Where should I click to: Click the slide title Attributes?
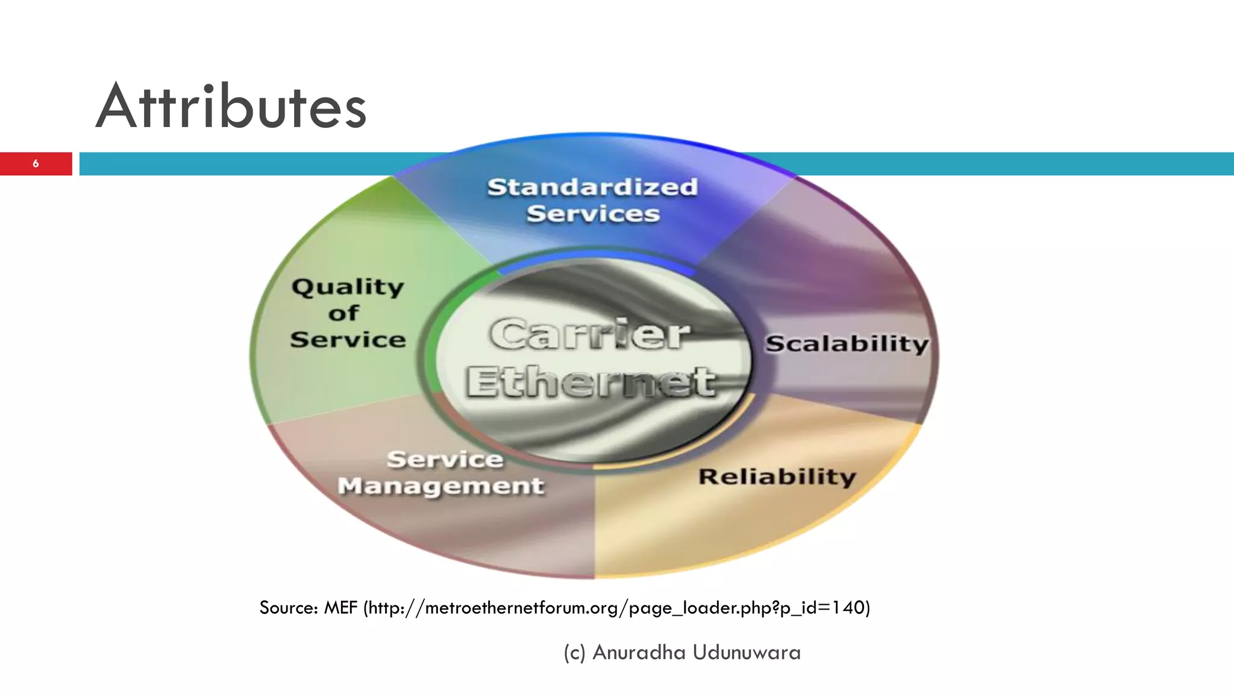[231, 107]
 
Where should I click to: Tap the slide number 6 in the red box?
[36, 164]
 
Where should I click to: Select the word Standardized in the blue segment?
[592, 187]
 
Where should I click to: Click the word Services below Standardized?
[593, 214]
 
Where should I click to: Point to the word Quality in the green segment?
[348, 287]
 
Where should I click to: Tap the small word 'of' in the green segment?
[343, 313]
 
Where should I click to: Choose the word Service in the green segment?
[348, 340]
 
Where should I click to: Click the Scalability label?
[847, 344]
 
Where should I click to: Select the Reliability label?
[777, 477]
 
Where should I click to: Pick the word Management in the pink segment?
[440, 486]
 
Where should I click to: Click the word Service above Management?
[445, 460]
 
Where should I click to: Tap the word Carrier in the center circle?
[589, 334]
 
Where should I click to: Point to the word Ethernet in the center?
[590, 382]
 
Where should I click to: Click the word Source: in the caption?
[289, 607]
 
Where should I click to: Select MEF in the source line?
[340, 607]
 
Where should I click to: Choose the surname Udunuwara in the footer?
[747, 652]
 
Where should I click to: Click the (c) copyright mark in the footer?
[574, 652]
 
